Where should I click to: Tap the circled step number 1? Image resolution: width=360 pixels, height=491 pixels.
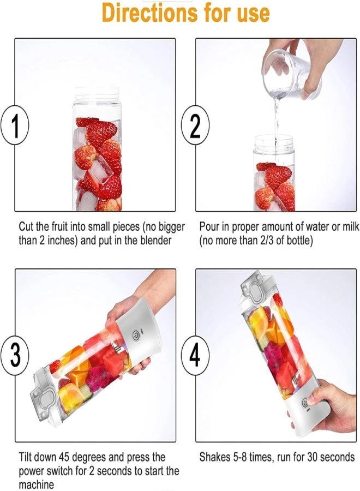coord(15,126)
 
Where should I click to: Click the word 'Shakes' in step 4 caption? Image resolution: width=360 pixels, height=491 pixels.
coord(215,457)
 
